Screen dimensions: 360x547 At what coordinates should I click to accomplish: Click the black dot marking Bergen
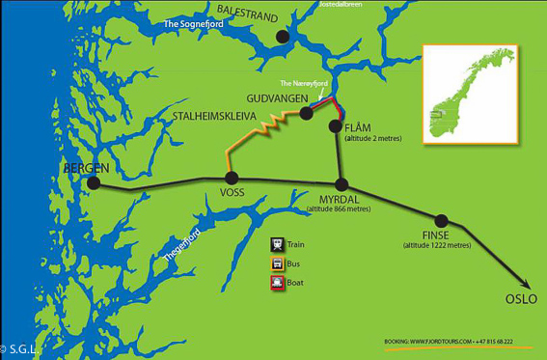[94, 182]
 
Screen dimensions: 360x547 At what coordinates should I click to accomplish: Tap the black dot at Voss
[231, 178]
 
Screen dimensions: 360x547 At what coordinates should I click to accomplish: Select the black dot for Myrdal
[341, 184]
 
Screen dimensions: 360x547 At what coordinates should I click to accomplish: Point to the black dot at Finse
[442, 220]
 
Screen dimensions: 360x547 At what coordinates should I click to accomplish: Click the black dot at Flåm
[336, 125]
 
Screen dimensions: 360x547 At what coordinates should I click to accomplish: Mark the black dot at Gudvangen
[306, 113]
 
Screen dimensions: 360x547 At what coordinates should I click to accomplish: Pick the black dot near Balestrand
[283, 37]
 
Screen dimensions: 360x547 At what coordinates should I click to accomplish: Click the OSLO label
[520, 298]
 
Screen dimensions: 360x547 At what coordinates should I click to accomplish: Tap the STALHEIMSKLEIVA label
[213, 114]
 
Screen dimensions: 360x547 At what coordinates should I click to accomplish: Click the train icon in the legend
[277, 245]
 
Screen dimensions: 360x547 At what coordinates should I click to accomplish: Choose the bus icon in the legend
[277, 263]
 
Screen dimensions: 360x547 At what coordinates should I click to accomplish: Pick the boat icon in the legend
[277, 283]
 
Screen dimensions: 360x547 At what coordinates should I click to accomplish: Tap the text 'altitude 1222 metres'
[437, 245]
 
